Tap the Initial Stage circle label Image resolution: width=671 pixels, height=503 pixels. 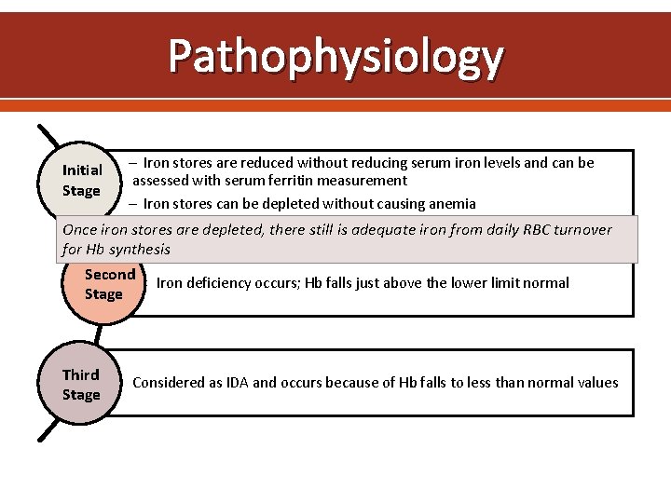point(82,180)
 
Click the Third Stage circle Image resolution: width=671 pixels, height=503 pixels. point(81,384)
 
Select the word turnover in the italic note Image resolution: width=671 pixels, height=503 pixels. point(581,230)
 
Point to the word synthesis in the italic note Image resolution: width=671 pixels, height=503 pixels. point(140,250)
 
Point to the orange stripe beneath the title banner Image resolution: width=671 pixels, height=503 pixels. point(335,105)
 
